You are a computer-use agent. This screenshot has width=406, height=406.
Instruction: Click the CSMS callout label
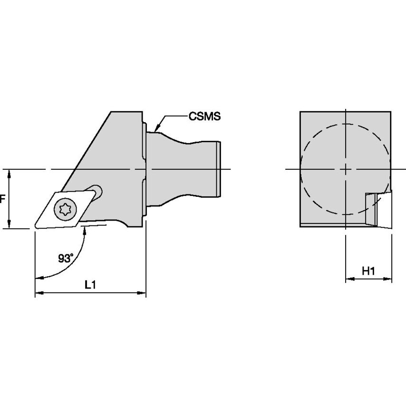point(205,116)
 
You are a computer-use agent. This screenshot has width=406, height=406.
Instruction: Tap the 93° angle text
point(66,258)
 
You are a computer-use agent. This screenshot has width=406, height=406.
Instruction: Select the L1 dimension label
point(90,285)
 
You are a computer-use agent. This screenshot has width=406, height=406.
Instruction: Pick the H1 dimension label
point(368,271)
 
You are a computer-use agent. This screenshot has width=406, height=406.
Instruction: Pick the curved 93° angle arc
point(76,257)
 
